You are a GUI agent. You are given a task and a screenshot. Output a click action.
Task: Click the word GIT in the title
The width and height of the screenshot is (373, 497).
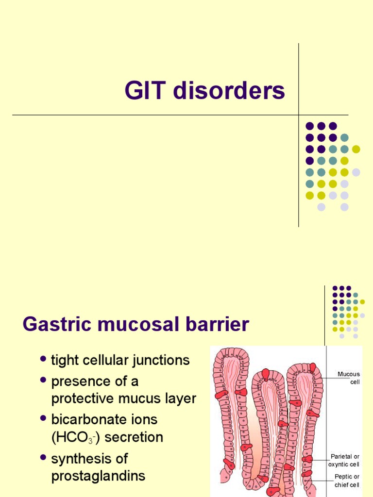click(x=144, y=91)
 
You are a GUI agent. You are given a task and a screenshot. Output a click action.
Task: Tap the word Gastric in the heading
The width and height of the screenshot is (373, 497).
click(x=53, y=324)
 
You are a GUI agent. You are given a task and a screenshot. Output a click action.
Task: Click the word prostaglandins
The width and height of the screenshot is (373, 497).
click(x=98, y=476)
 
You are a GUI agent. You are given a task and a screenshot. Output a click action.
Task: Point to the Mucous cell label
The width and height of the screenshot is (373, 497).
click(x=349, y=378)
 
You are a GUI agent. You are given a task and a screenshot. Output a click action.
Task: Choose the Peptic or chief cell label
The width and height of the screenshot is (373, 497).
click(x=347, y=480)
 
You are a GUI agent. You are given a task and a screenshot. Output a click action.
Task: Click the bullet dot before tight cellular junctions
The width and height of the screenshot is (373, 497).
click(x=43, y=359)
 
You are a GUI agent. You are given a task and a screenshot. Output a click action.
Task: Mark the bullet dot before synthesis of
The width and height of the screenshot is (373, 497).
click(x=43, y=457)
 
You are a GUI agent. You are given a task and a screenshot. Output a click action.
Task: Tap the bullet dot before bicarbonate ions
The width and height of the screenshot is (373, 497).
click(x=43, y=417)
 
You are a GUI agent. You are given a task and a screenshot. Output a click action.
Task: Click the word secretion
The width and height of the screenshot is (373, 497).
click(x=134, y=437)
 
